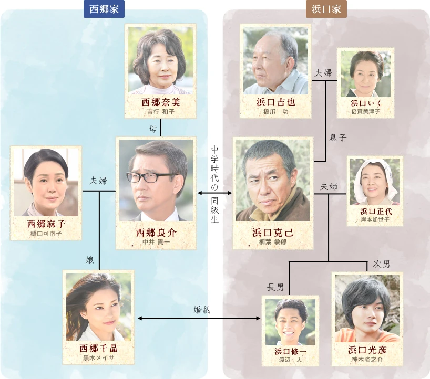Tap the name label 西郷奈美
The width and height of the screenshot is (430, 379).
pyautogui.click(x=161, y=102)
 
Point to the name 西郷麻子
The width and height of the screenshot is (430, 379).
pyautogui.click(x=46, y=224)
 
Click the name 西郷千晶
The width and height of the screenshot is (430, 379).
pyautogui.click(x=98, y=349)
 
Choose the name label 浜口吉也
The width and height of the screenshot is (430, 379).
pyautogui.click(x=275, y=102)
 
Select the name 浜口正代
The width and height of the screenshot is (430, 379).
pyautogui.click(x=375, y=211)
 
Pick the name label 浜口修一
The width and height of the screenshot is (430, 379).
pyautogui.click(x=291, y=351)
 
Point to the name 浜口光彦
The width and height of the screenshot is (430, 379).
pyautogui.click(x=367, y=349)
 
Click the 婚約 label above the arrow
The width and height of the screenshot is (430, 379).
pyautogui.click(x=202, y=310)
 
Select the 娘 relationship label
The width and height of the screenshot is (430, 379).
pyautogui.click(x=90, y=259)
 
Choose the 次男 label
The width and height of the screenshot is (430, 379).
pyautogui.click(x=382, y=264)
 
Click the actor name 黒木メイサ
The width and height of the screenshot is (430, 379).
pyautogui.click(x=98, y=358)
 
